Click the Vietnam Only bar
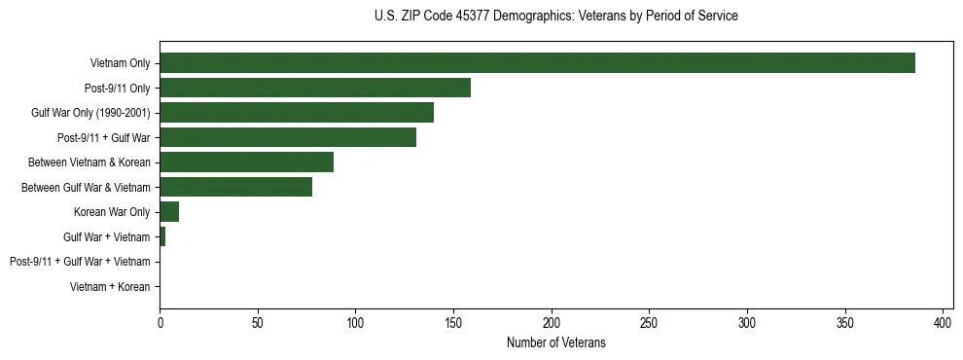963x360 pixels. click(x=537, y=63)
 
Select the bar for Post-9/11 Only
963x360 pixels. click(x=315, y=88)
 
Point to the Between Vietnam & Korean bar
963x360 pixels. click(x=247, y=162)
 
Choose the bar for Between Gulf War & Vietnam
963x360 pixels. click(x=236, y=187)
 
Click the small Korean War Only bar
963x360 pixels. click(x=169, y=212)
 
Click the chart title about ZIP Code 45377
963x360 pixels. click(x=555, y=17)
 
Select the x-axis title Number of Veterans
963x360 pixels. click(x=555, y=342)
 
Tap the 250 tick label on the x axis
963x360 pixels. click(x=650, y=322)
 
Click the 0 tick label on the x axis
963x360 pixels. click(x=160, y=322)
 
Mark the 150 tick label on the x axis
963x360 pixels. click(x=454, y=322)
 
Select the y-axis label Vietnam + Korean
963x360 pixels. click(x=110, y=287)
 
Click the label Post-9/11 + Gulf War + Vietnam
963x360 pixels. click(x=80, y=262)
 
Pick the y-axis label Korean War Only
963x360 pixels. click(x=112, y=212)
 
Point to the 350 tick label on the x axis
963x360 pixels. click(x=845, y=322)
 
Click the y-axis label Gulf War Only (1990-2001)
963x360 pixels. click(x=90, y=113)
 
